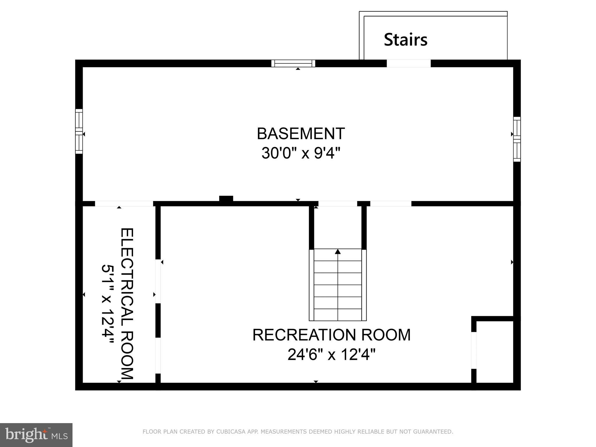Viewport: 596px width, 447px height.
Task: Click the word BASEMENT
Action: (301, 134)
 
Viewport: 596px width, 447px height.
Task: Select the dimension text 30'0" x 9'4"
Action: (301, 153)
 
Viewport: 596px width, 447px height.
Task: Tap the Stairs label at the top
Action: (405, 40)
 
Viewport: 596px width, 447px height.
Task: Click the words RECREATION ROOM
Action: (331, 335)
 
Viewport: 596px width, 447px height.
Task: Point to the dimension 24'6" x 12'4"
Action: (331, 355)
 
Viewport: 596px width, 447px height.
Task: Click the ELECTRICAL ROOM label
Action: (127, 304)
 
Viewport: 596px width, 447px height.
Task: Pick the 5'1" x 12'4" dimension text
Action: (107, 304)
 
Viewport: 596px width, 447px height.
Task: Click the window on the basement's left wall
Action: (79, 131)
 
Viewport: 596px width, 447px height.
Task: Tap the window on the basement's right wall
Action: (517, 139)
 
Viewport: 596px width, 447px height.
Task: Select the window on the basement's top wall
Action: (293, 63)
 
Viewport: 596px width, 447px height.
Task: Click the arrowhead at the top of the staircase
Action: (338, 251)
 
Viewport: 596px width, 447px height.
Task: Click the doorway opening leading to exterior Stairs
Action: (408, 63)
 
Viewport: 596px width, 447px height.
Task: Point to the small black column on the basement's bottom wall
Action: (226, 199)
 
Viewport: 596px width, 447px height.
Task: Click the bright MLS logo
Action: (36, 435)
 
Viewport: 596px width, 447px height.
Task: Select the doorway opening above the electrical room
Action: (124, 204)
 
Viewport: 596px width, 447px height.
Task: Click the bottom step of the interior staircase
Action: (338, 315)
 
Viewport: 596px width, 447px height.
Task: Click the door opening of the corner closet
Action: (474, 350)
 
